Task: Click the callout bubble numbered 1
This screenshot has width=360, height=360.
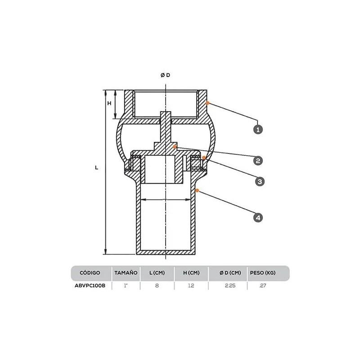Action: (x=258, y=130)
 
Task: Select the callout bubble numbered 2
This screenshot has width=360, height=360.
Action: (x=258, y=161)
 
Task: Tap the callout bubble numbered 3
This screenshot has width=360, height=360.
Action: (x=260, y=182)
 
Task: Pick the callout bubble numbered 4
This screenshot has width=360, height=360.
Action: (x=258, y=217)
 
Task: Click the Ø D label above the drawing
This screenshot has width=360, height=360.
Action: (x=165, y=75)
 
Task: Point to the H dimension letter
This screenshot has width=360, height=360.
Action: (x=109, y=103)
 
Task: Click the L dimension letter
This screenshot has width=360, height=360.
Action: (x=96, y=167)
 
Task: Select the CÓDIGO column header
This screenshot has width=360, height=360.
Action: (x=90, y=273)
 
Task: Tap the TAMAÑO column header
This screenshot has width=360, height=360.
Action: (x=126, y=273)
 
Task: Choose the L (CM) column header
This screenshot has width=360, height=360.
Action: (x=157, y=273)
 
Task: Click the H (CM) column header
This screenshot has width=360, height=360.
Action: (x=191, y=273)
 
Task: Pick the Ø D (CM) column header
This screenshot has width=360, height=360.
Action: (x=230, y=273)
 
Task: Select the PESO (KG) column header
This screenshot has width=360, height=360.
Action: (x=263, y=273)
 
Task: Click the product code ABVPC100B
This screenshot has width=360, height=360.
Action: (x=90, y=286)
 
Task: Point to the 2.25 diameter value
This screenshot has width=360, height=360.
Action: (x=230, y=286)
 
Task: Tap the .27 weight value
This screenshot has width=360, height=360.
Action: (x=262, y=286)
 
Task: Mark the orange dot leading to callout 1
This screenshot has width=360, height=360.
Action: (x=207, y=103)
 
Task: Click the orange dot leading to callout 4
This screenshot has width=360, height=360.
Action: (x=197, y=190)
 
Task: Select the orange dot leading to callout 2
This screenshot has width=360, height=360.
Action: (x=175, y=147)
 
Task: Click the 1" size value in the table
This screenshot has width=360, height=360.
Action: (x=126, y=286)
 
